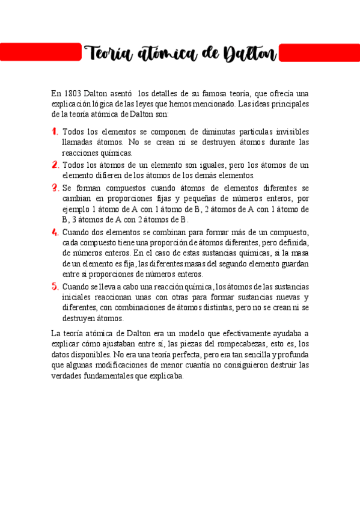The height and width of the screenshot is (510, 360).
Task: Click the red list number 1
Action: (55, 131)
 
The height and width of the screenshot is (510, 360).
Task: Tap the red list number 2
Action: (55, 165)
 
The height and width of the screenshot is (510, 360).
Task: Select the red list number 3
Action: (55, 188)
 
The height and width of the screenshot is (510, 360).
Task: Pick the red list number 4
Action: (55, 232)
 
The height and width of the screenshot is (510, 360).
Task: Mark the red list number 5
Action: (55, 287)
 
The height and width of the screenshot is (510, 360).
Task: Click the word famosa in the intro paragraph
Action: (218, 93)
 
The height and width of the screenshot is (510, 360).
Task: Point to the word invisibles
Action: (289, 132)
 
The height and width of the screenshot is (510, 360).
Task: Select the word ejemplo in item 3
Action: (76, 209)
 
